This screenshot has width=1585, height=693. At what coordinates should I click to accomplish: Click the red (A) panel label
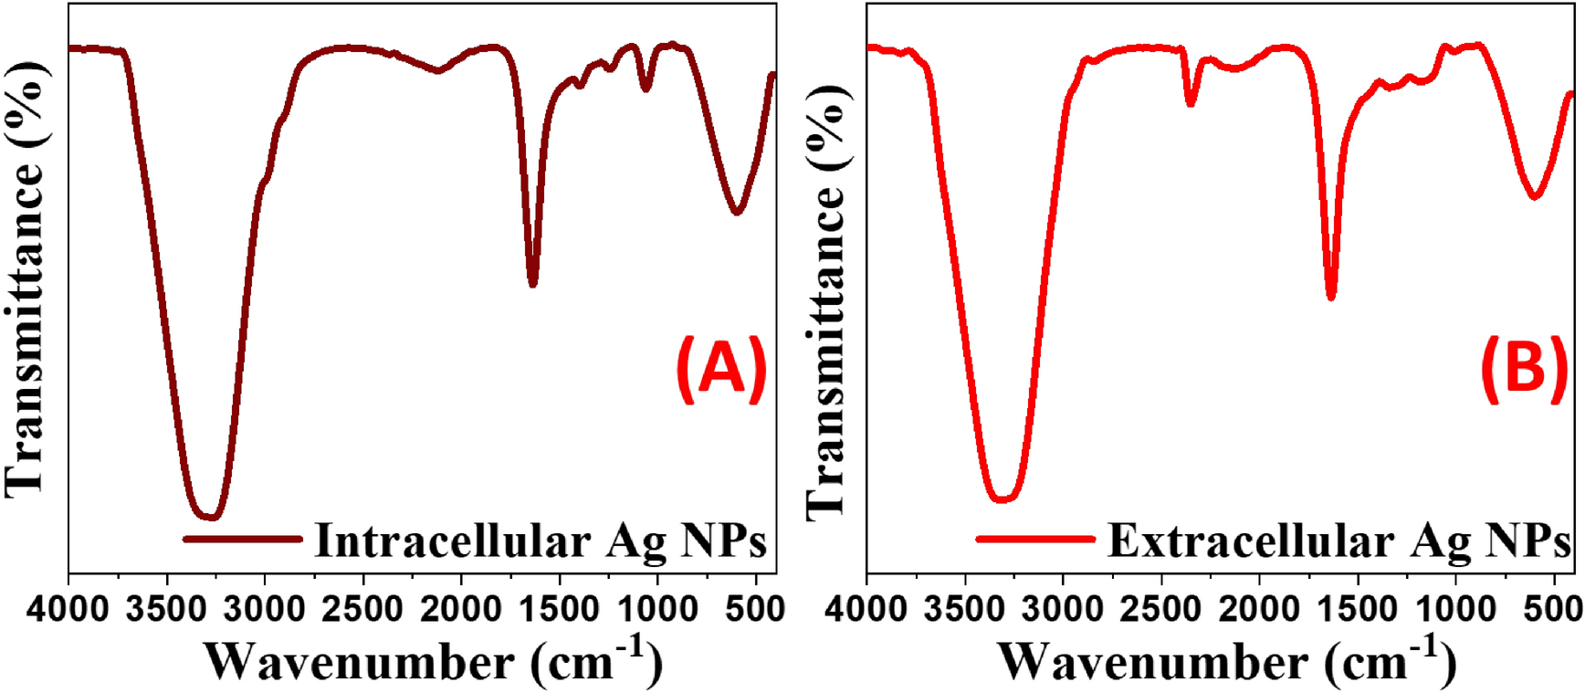pos(721,369)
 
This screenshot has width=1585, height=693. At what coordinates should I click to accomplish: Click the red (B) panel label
pos(1524,369)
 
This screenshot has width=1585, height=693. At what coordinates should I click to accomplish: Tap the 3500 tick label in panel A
pos(165,609)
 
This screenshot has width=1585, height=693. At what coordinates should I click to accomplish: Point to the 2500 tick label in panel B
pos(1160,609)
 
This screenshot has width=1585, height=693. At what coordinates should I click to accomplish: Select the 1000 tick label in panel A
pos(656,609)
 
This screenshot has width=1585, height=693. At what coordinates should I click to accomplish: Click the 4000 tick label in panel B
pos(866,609)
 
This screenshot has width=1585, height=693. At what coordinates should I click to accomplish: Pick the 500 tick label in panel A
pos(757,609)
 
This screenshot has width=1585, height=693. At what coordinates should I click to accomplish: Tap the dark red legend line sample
pos(242,539)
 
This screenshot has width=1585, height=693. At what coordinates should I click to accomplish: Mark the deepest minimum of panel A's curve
pos(211,517)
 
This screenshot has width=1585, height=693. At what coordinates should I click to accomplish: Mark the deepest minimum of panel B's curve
pos(1002,499)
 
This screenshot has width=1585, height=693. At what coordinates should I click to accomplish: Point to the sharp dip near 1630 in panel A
pos(532,283)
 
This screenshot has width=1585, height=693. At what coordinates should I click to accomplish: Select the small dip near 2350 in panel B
pos(1191,103)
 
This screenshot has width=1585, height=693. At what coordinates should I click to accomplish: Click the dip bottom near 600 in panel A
pos(737,212)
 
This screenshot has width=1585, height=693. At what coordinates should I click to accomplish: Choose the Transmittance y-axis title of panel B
pos(826,301)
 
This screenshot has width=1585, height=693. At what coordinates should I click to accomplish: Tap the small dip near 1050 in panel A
pos(646,89)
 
